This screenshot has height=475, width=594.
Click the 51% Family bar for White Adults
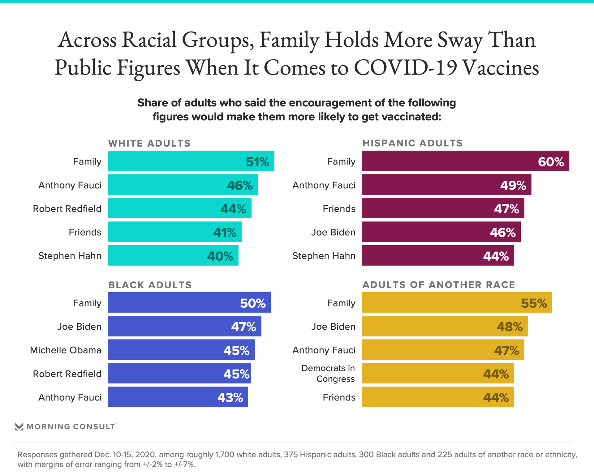(x=191, y=161)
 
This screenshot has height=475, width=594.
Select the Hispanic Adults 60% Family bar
(x=465, y=161)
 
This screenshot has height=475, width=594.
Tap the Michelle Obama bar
(x=181, y=350)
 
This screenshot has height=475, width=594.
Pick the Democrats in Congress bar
(x=438, y=373)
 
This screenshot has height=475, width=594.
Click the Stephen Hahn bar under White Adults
(x=173, y=255)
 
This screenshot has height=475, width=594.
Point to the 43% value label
(x=230, y=397)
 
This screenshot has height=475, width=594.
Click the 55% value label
(x=534, y=303)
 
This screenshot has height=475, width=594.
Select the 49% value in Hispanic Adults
(x=513, y=185)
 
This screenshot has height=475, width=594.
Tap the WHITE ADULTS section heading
(x=149, y=143)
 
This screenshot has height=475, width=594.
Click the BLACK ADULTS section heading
(x=150, y=285)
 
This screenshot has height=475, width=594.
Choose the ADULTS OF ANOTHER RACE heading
(x=439, y=285)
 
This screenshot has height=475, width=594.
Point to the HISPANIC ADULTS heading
(x=412, y=143)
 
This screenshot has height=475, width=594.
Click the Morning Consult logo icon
(x=19, y=427)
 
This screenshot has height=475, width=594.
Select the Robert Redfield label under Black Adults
(x=67, y=374)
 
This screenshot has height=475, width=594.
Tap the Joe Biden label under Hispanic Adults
(x=333, y=232)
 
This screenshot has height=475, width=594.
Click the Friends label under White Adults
(x=85, y=232)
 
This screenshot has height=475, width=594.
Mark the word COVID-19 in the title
(x=406, y=67)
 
